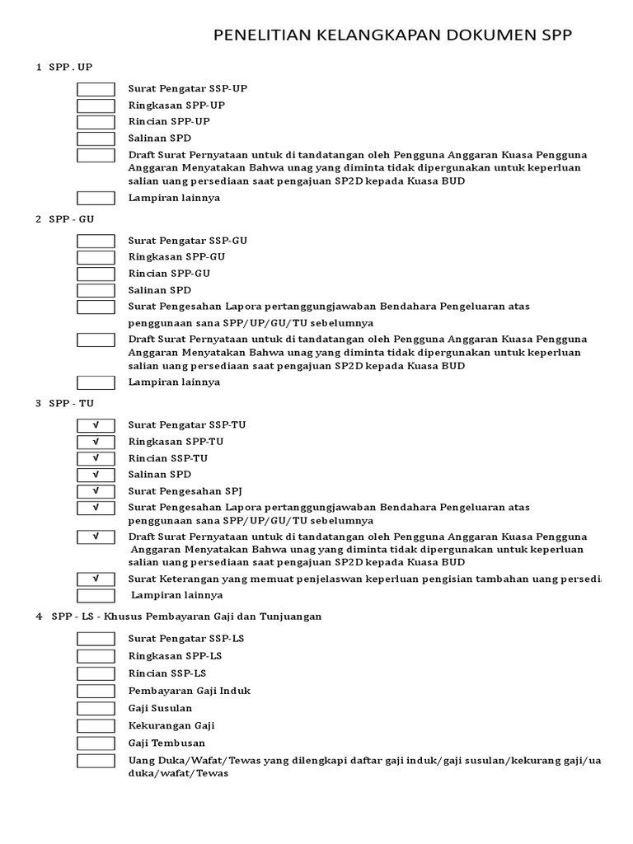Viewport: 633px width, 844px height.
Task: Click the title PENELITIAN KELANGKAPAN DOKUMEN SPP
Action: [392, 35]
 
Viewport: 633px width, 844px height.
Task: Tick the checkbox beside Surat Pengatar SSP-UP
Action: [96, 89]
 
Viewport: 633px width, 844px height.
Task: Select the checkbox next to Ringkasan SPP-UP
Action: [96, 105]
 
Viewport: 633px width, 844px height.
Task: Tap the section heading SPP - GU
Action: [71, 218]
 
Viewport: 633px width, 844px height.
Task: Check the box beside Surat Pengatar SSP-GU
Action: [96, 241]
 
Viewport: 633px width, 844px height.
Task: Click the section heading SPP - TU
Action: [71, 403]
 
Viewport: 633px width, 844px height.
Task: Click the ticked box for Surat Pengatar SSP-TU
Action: [96, 425]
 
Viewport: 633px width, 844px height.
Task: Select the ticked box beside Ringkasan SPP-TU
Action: [96, 442]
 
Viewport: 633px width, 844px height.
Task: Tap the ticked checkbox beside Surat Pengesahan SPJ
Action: [96, 491]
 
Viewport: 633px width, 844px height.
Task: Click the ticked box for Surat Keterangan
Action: [96, 579]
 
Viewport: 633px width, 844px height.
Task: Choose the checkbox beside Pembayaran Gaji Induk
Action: [96, 691]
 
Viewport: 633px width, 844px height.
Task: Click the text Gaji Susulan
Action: [160, 708]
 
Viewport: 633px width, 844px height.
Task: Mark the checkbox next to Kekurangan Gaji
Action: [96, 725]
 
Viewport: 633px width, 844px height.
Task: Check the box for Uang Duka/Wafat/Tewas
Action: [96, 760]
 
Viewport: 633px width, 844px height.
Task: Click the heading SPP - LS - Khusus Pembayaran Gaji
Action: [186, 616]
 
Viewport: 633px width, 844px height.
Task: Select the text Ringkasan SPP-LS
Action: [175, 655]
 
